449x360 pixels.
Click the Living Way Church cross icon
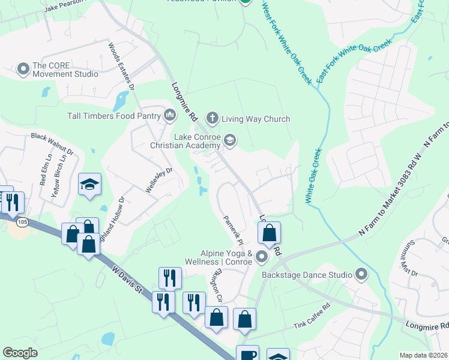(211, 117)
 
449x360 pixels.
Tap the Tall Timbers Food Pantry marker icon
(169, 115)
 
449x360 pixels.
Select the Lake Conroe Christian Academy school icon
(229, 140)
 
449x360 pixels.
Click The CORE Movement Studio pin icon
(24, 70)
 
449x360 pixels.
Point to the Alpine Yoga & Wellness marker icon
(262, 257)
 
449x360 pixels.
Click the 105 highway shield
(22, 223)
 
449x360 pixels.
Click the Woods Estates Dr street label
(121, 66)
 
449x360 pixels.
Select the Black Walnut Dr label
(52, 143)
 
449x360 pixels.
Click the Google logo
(20, 353)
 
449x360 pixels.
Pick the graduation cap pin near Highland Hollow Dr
(90, 184)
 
